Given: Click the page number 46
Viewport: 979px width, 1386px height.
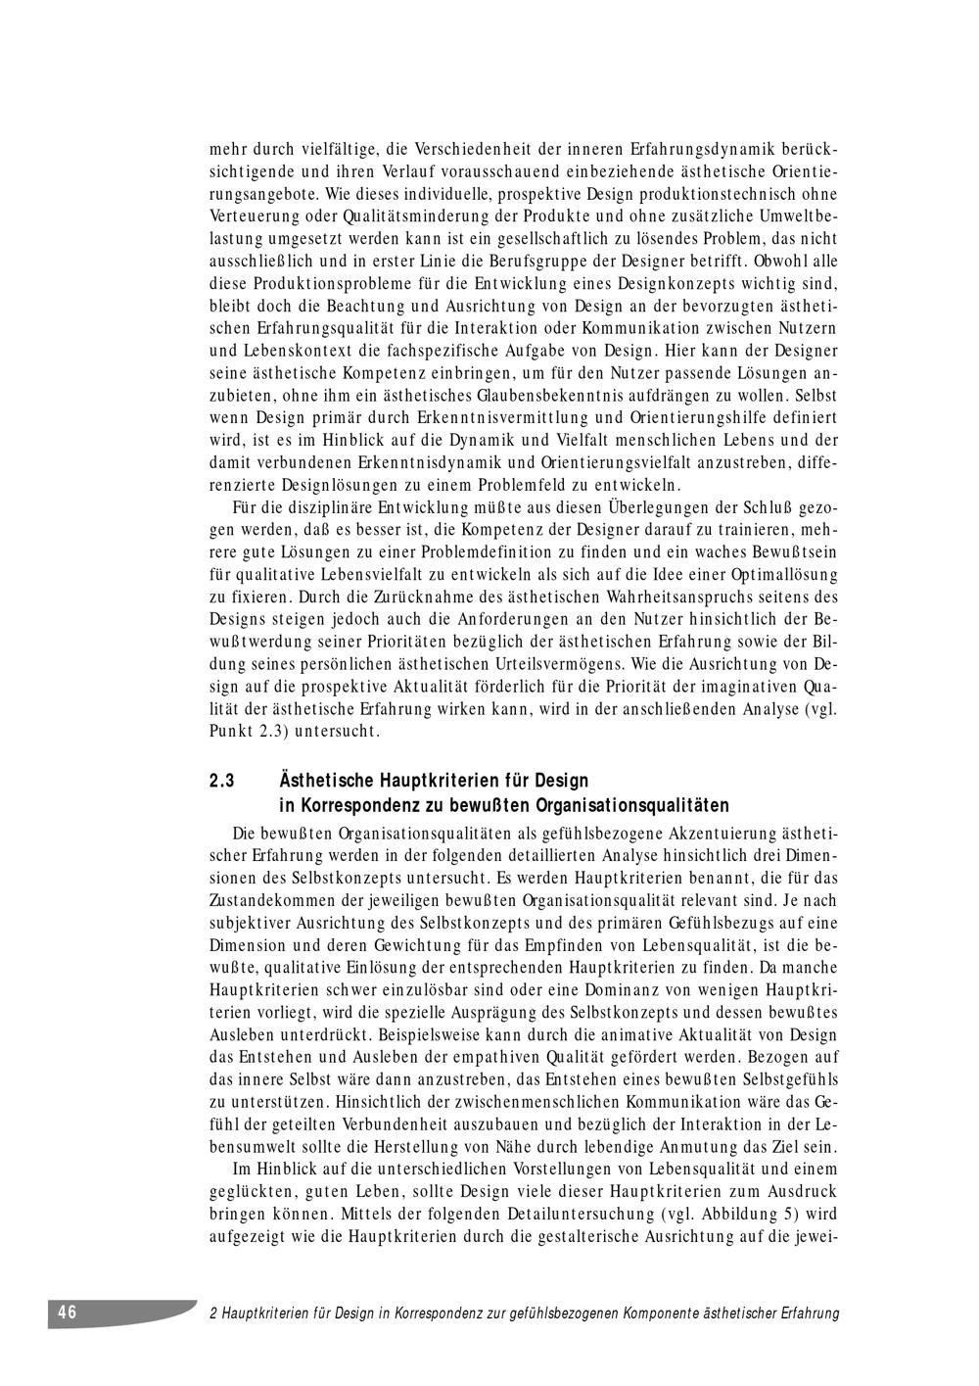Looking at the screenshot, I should [x=68, y=1313].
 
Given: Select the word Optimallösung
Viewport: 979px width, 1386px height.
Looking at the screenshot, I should [x=780, y=574].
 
